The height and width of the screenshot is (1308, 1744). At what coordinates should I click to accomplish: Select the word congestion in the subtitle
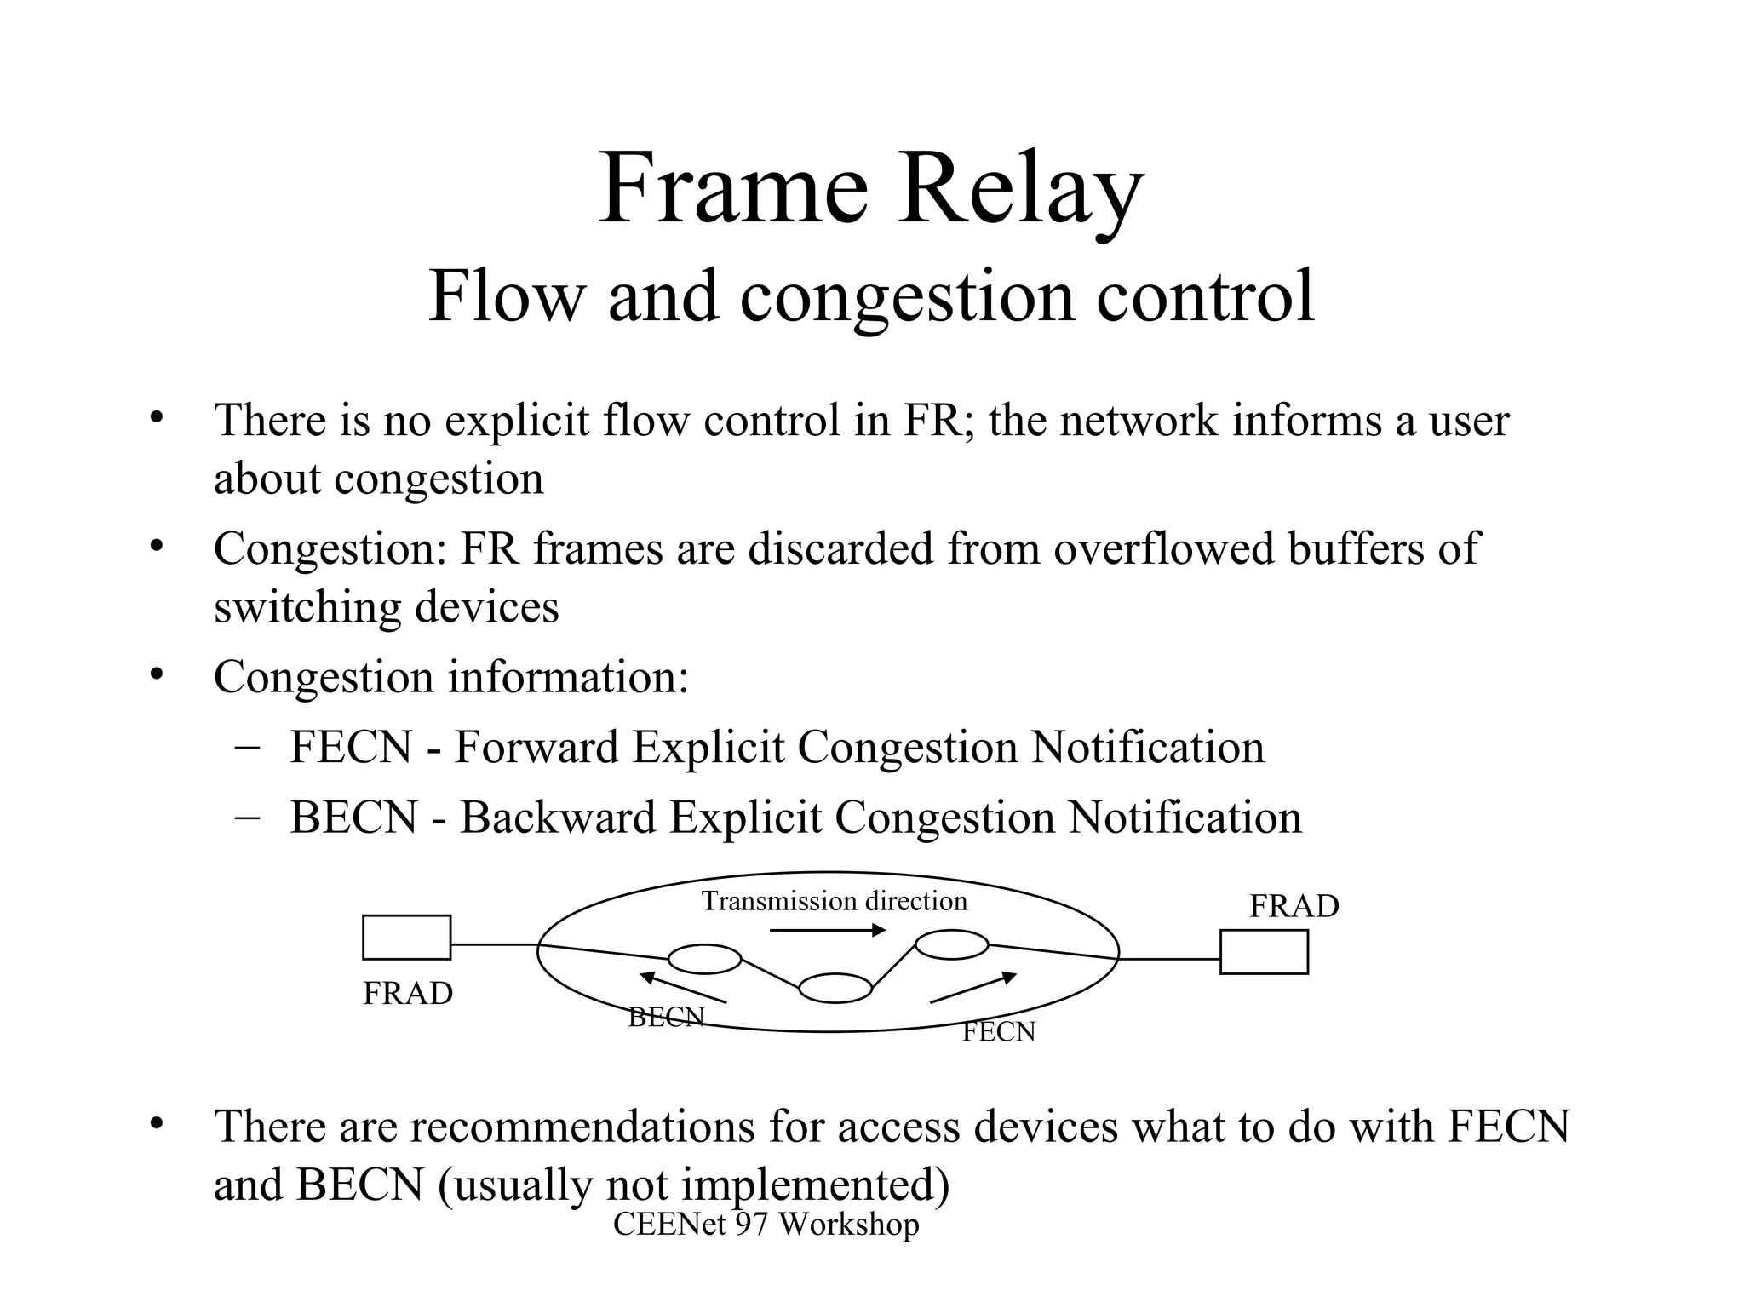[x=907, y=296]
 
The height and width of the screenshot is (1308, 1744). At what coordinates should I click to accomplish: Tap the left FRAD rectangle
[x=407, y=937]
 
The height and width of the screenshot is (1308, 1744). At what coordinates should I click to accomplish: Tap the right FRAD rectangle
[x=1264, y=951]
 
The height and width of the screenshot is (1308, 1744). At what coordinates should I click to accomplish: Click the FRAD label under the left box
[x=408, y=994]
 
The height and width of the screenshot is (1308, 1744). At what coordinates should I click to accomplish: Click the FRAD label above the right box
[x=1294, y=906]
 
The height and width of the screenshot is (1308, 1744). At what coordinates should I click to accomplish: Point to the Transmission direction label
[x=834, y=901]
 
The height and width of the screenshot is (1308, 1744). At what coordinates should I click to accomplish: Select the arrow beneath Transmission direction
[x=828, y=931]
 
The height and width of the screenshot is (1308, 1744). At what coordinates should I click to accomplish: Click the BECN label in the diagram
[x=666, y=1017]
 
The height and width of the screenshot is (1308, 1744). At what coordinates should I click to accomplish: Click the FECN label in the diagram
[x=999, y=1032]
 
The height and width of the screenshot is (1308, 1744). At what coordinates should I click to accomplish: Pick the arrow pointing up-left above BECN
[x=683, y=987]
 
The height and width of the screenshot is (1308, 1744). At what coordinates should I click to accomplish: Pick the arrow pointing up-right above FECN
[x=973, y=988]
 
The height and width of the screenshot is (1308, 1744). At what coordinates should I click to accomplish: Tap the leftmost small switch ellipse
[x=704, y=959]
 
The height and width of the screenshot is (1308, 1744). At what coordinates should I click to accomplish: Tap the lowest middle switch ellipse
[x=835, y=988]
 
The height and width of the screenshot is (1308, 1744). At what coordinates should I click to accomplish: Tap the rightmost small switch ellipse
[x=951, y=944]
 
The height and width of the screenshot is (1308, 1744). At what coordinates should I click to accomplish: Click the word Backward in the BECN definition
[x=559, y=817]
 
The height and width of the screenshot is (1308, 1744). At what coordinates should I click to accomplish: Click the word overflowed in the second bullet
[x=1163, y=548]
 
